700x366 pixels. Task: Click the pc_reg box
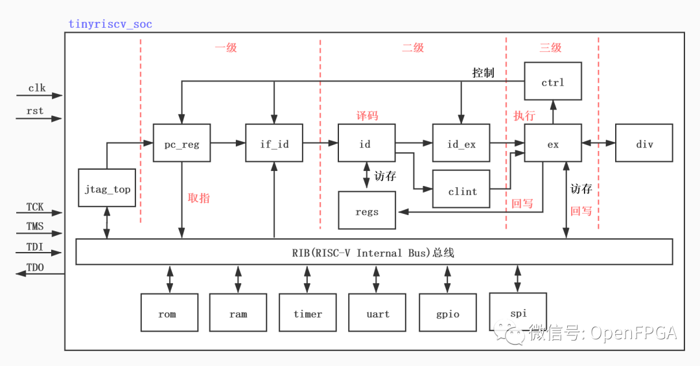point(182,144)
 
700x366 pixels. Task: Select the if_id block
point(274,144)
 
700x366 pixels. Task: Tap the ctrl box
point(552,82)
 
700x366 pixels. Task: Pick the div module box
point(644,144)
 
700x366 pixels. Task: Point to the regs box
point(367,211)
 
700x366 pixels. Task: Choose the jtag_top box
point(107,188)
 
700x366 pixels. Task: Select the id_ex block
point(461,144)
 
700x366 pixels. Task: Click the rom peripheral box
point(167,313)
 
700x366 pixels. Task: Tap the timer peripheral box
point(307,313)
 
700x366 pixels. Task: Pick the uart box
point(377,313)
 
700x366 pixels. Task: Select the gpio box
point(447,313)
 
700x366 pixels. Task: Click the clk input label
point(36,88)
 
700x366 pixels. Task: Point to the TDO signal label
point(36,268)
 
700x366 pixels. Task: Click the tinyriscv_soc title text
point(110,25)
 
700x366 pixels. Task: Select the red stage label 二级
point(413,47)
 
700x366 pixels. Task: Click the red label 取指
point(198,198)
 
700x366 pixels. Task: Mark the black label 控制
point(483,73)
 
